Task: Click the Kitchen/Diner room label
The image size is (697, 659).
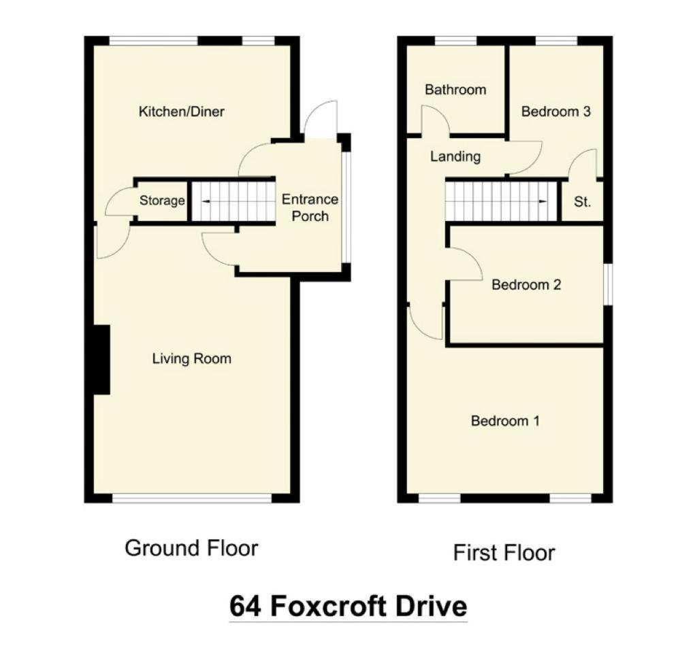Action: pyautogui.click(x=181, y=112)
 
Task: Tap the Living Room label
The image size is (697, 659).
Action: pyautogui.click(x=191, y=358)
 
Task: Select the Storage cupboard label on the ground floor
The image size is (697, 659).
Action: pyautogui.click(x=162, y=201)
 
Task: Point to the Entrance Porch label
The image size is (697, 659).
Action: pyautogui.click(x=310, y=208)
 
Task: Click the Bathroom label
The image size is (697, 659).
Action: pyautogui.click(x=455, y=90)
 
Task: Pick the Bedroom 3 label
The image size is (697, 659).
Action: pyautogui.click(x=555, y=111)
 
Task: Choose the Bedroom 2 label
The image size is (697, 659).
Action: pyautogui.click(x=526, y=284)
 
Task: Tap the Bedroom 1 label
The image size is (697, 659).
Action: pyautogui.click(x=506, y=420)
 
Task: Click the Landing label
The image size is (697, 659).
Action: pyautogui.click(x=455, y=156)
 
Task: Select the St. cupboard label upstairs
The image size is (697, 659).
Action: pyautogui.click(x=583, y=202)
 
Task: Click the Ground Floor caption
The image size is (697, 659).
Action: pyautogui.click(x=191, y=548)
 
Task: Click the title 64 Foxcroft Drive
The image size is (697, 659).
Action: pyautogui.click(x=348, y=606)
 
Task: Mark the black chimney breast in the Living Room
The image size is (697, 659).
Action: pyautogui.click(x=102, y=360)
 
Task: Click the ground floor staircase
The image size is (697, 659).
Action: pyautogui.click(x=233, y=201)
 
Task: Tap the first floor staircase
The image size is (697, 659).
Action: pyautogui.click(x=502, y=201)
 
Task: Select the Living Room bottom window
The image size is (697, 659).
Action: pyautogui.click(x=191, y=499)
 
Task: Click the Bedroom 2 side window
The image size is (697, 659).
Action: pyautogui.click(x=608, y=285)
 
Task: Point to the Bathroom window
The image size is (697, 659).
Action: pyautogui.click(x=455, y=41)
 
